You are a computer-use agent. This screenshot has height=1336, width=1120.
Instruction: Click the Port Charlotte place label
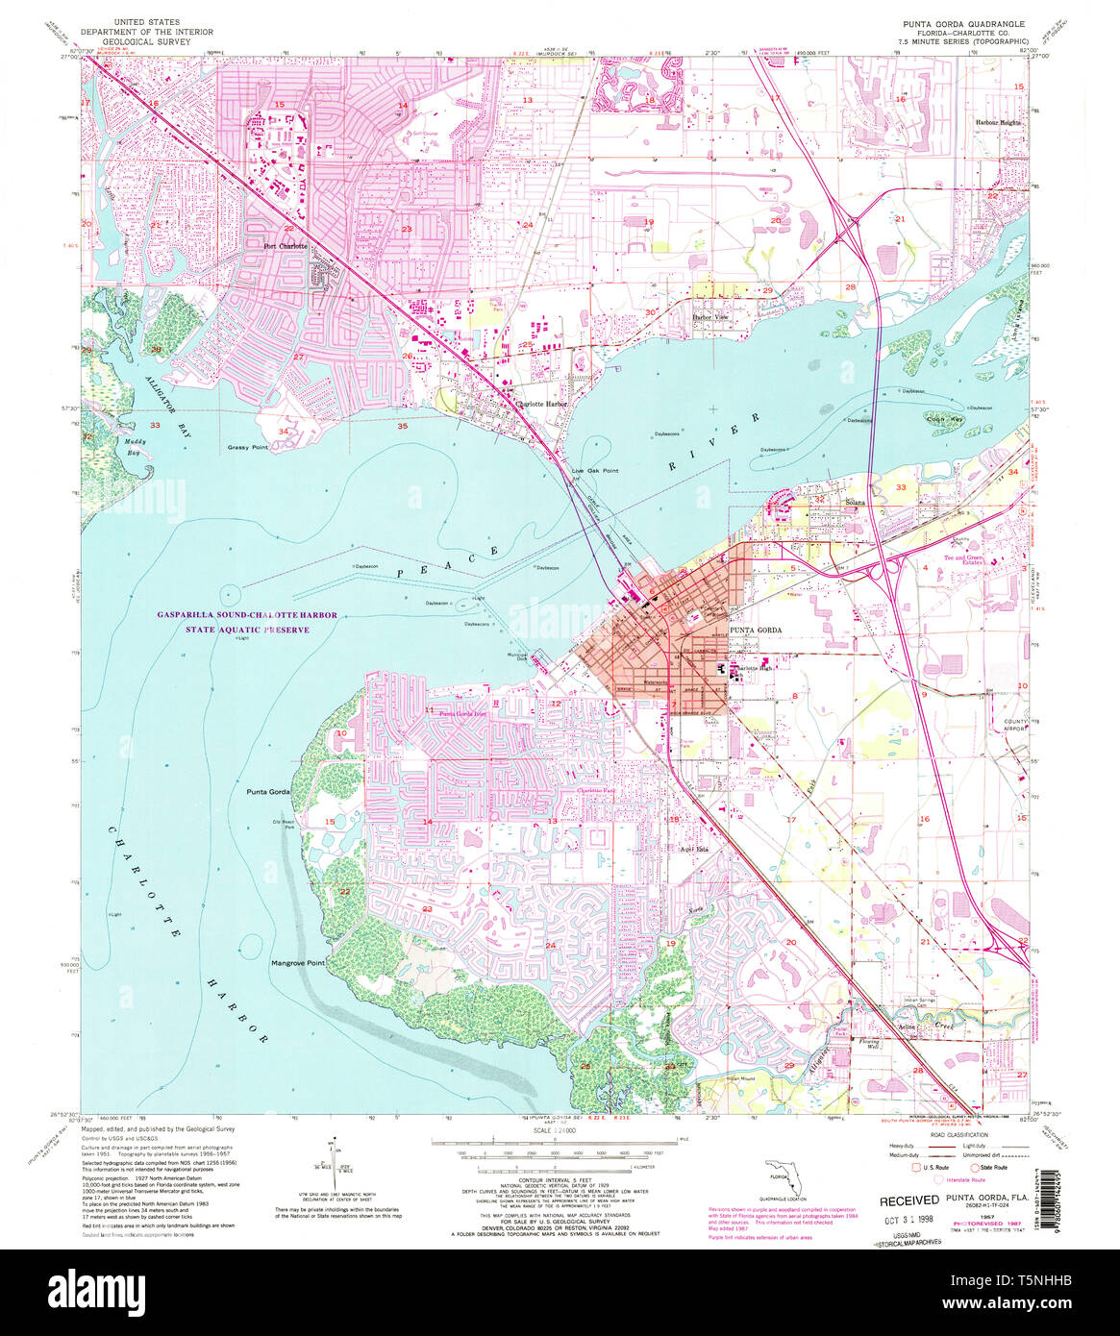[286, 245]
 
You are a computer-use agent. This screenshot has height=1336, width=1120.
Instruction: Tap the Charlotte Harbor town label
[541, 405]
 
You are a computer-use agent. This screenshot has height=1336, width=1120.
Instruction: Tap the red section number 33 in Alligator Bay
[155, 425]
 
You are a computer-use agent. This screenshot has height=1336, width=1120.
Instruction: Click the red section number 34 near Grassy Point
[283, 432]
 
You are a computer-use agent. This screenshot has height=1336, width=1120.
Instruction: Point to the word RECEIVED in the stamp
[908, 1200]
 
